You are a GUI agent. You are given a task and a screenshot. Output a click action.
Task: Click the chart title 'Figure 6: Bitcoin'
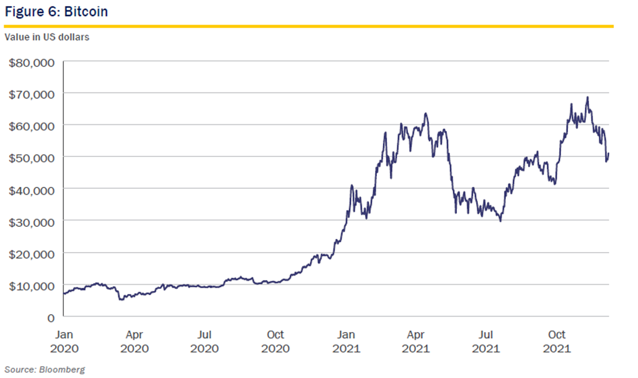coord(56,11)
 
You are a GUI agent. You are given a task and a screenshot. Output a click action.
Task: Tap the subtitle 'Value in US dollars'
coord(47,38)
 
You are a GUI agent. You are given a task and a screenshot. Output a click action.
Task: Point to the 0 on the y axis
coord(51,317)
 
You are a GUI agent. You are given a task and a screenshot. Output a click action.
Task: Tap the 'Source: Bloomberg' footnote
coord(45,370)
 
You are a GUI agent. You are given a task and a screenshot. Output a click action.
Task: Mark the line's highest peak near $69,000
coord(588,97)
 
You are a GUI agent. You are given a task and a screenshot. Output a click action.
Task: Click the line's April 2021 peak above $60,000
coord(425,113)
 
